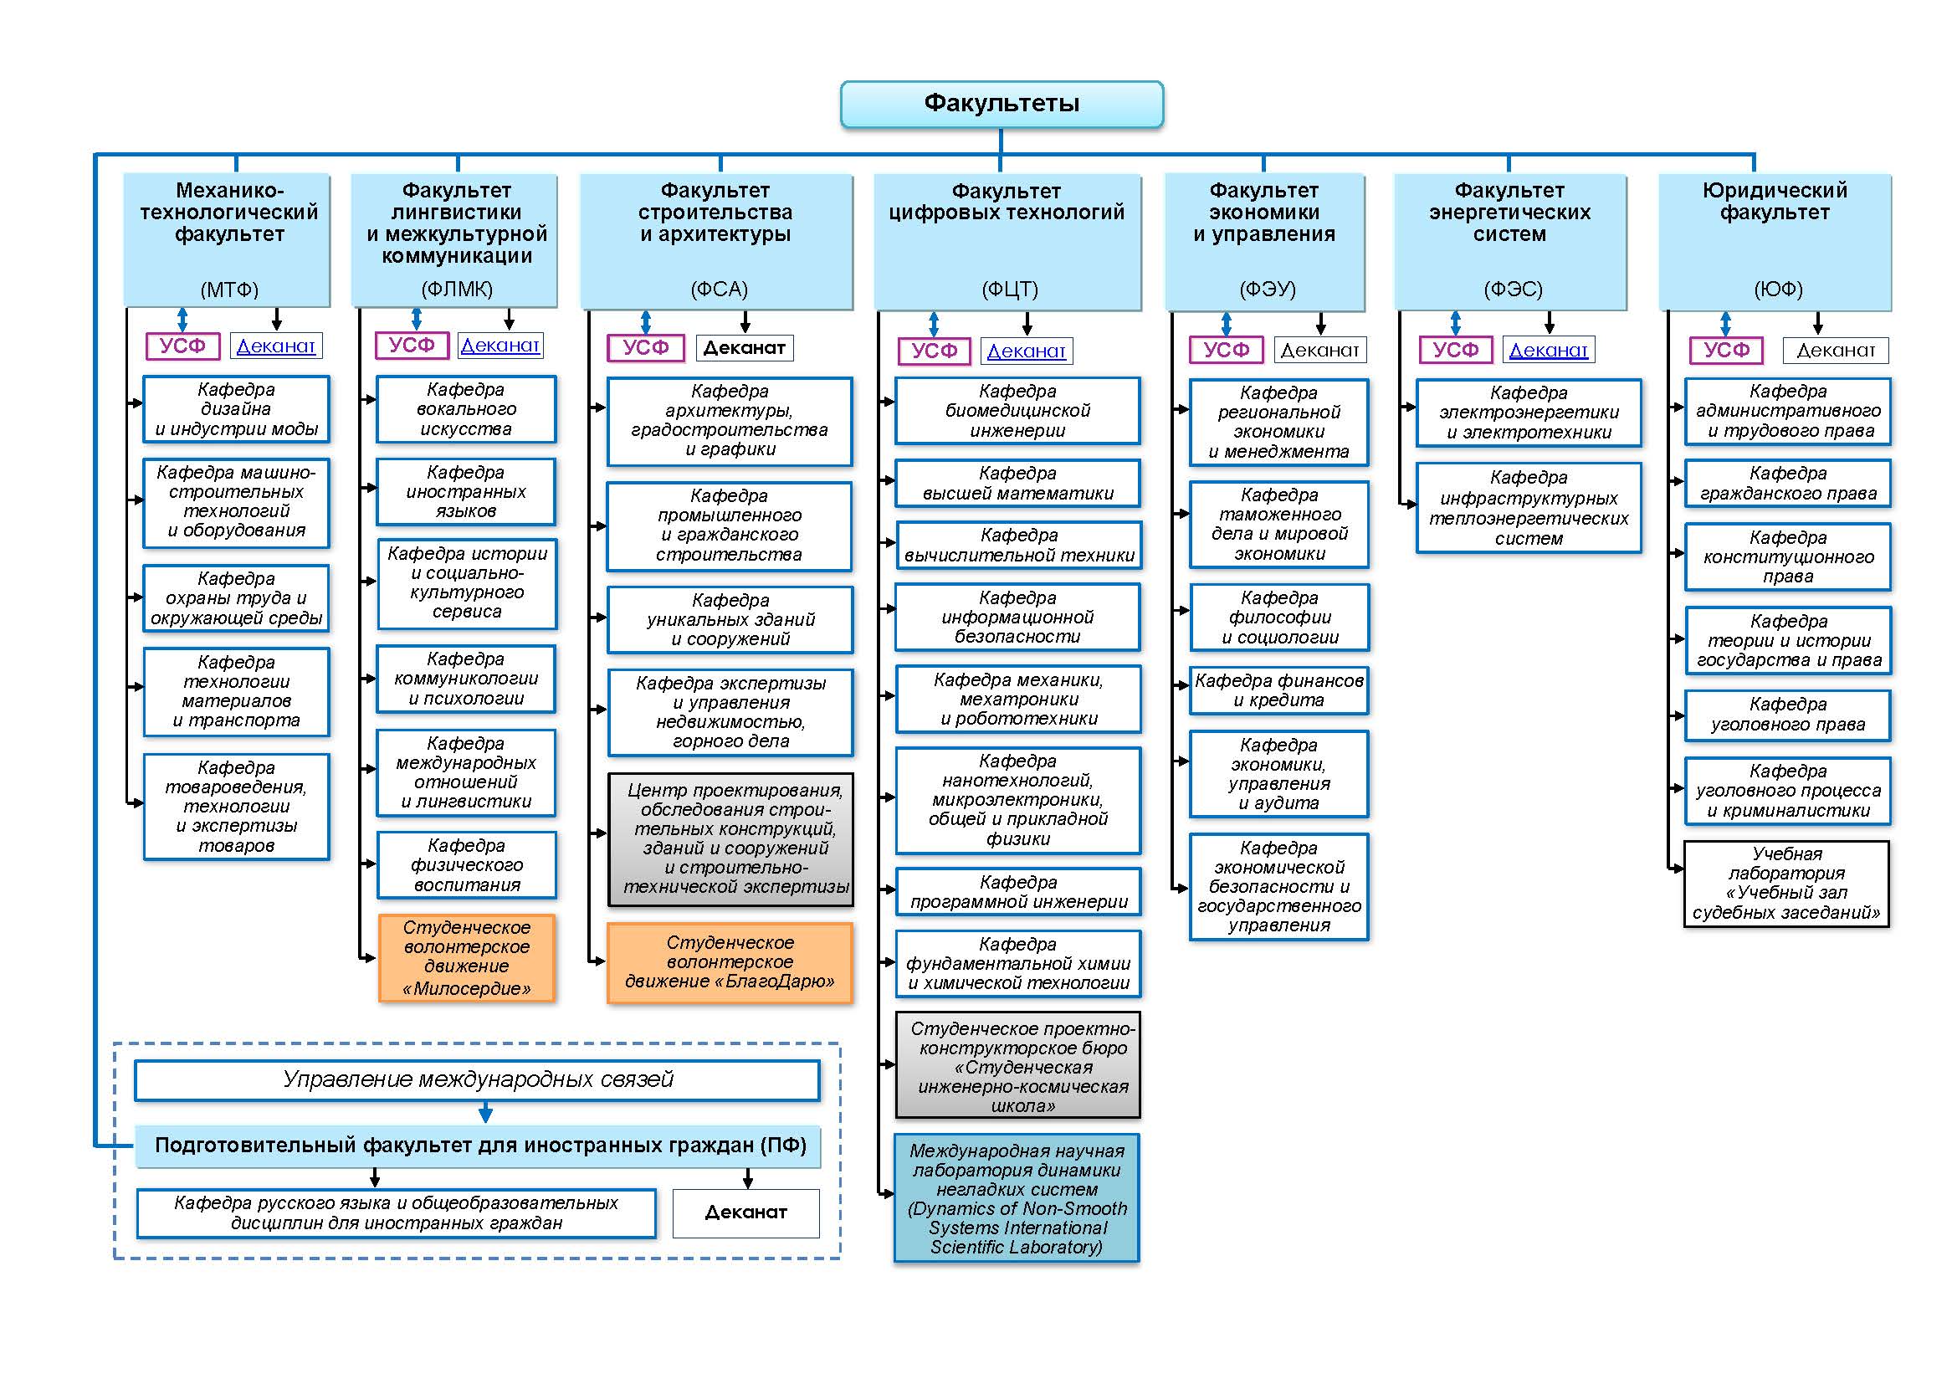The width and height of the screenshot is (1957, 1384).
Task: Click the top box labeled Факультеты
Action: coord(1002,104)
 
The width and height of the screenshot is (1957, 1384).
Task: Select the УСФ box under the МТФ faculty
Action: coord(182,346)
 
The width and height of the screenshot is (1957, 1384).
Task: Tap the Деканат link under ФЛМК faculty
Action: coord(499,345)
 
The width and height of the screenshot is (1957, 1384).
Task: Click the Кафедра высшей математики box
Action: coord(1017,484)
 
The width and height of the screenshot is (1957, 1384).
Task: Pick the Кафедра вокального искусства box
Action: coord(466,410)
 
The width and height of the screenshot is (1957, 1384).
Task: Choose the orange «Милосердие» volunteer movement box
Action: coord(466,958)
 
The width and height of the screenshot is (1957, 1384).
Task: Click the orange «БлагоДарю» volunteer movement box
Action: coord(730,963)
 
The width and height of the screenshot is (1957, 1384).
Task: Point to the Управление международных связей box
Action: coord(477,1079)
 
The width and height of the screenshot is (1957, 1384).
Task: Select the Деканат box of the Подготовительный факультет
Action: coord(745,1212)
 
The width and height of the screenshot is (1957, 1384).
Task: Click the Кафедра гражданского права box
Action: coord(1787,484)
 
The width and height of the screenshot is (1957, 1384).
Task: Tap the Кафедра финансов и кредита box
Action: coord(1278,691)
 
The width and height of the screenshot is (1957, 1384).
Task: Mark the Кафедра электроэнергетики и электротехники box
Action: coord(1529,413)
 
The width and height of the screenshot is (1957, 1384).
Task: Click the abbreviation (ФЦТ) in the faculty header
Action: coord(1010,290)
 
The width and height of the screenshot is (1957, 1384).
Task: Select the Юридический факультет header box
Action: coord(1775,242)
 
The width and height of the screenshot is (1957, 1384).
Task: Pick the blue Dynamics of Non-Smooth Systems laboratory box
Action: coord(1016,1198)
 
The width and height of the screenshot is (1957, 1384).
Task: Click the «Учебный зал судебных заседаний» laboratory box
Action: coord(1786,884)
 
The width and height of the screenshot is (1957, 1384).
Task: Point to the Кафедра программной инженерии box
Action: coord(1017,892)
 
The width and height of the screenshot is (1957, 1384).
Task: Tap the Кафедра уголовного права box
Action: coord(1787,715)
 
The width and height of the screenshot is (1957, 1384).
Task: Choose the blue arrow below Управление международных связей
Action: coord(486,1112)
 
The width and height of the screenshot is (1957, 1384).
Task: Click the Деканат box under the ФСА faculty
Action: coord(744,348)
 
